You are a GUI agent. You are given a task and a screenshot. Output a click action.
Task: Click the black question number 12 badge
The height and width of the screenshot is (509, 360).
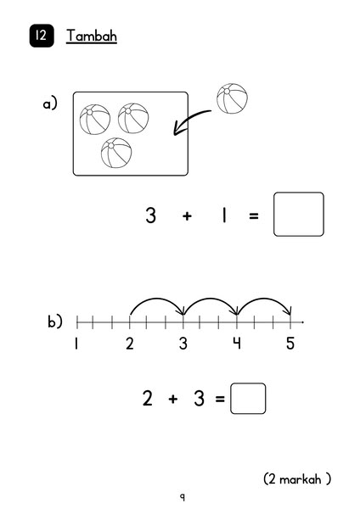(x=42, y=36)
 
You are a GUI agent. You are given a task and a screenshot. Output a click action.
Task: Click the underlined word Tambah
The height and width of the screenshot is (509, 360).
(x=92, y=36)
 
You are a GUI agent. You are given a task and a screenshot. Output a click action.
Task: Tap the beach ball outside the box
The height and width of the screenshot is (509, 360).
(x=232, y=98)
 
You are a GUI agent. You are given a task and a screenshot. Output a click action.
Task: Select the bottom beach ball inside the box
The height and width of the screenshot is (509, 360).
(x=116, y=153)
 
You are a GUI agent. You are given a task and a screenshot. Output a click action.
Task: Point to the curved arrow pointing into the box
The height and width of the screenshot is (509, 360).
(x=189, y=119)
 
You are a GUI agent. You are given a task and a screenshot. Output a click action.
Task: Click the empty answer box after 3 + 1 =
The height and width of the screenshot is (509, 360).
(x=299, y=215)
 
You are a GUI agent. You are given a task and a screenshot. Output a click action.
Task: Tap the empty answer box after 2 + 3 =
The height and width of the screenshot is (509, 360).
(x=248, y=399)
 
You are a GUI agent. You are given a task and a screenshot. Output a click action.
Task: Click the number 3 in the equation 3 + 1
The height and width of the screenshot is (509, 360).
(x=151, y=215)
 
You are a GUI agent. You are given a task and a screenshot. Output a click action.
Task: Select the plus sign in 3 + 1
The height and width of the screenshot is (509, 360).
(x=187, y=215)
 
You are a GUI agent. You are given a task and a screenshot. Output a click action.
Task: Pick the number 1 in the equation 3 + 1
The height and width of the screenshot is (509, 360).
(x=224, y=215)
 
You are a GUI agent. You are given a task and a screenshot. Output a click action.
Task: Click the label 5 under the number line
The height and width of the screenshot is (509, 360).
(x=290, y=343)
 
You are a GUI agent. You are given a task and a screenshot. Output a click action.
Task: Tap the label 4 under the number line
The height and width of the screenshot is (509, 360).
(x=237, y=343)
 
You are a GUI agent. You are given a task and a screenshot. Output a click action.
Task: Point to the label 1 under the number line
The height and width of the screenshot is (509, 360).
(x=76, y=343)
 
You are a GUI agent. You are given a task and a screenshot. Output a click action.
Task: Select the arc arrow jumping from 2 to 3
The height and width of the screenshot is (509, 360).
(x=156, y=299)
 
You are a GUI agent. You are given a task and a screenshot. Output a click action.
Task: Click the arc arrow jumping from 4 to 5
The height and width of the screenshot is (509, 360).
(x=264, y=299)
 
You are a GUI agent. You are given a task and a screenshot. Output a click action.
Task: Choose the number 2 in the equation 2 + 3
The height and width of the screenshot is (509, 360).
(x=147, y=398)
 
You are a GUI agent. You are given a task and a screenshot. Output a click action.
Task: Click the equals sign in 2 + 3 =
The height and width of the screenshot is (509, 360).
(x=220, y=399)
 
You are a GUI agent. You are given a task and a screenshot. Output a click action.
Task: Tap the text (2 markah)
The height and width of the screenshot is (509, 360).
(x=297, y=478)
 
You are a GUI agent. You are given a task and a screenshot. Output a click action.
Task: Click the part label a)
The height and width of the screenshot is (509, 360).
(x=50, y=103)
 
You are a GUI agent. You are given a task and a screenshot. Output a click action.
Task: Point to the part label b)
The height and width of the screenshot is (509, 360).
(x=55, y=322)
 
